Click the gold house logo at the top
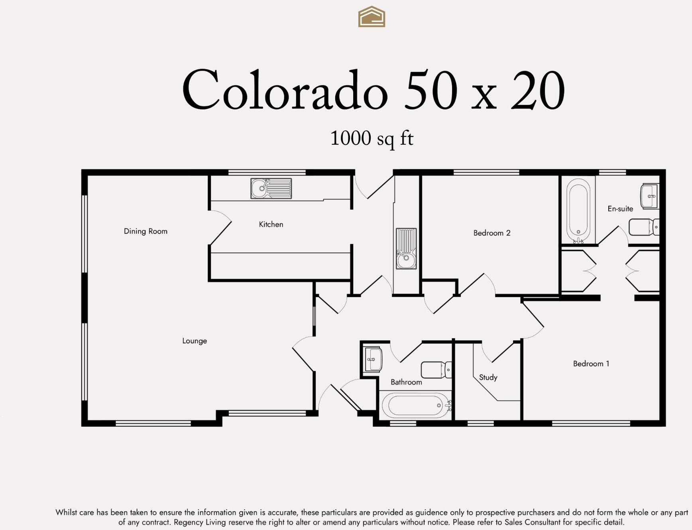tap(372, 17)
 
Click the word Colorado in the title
tap(285, 91)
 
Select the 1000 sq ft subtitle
tap(372, 138)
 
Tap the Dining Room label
tap(145, 231)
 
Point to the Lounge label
tap(195, 341)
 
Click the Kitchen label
tap(271, 225)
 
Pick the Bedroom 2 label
tap(491, 233)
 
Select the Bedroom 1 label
tap(591, 364)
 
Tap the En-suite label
tap(620, 209)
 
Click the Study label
tap(488, 377)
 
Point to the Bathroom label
tap(406, 382)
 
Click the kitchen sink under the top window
tap(271, 188)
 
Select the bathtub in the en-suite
tap(578, 210)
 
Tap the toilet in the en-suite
tap(643, 227)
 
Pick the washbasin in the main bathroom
tap(373, 359)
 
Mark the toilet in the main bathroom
tap(436, 370)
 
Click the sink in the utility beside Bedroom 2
tap(406, 248)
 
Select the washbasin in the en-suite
tap(649, 196)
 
